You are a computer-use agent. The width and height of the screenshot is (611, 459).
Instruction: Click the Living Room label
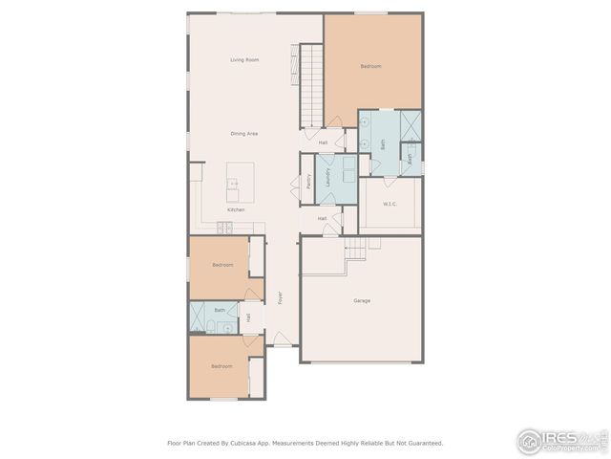pyautogui.click(x=244, y=60)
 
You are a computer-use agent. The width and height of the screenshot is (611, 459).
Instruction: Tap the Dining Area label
pyautogui.click(x=244, y=134)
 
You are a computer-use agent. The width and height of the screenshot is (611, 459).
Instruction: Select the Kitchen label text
pyautogui.click(x=235, y=209)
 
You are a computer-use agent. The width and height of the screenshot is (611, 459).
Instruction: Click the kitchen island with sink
pyautogui.click(x=240, y=182)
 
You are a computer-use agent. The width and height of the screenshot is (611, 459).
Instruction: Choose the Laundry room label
pyautogui.click(x=327, y=176)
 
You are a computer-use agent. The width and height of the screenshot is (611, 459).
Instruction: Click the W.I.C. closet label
pyautogui.click(x=390, y=203)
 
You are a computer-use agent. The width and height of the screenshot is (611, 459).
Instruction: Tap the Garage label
pyautogui.click(x=362, y=301)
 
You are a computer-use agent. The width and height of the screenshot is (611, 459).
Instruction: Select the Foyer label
pyautogui.click(x=280, y=297)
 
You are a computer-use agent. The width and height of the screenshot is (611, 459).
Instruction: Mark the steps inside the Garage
pyautogui.click(x=355, y=249)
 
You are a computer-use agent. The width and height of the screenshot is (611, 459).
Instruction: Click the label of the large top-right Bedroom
pyautogui.click(x=370, y=66)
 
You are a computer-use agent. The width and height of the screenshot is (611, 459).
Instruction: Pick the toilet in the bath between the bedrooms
pyautogui.click(x=227, y=327)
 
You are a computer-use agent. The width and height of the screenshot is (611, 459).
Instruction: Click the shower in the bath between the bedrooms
pyautogui.click(x=199, y=317)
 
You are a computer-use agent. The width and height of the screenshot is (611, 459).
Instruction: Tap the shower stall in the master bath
pyautogui.click(x=412, y=125)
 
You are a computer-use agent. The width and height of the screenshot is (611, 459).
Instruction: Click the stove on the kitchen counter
pyautogui.click(x=224, y=227)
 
